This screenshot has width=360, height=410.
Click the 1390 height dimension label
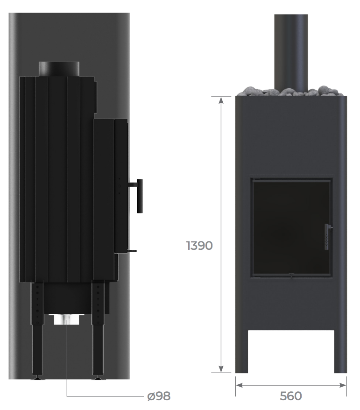point(199,246)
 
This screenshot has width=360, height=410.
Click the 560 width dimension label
point(291,396)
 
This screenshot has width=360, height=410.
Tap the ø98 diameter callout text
point(159,396)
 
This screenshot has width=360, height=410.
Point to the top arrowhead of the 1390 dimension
point(221,100)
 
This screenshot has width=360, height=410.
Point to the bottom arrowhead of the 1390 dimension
point(221,369)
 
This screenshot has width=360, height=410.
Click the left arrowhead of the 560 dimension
point(239,385)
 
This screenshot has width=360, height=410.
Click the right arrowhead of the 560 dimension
point(343,385)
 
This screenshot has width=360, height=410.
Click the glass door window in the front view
point(291,228)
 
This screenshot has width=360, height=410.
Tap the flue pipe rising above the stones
point(291,52)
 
